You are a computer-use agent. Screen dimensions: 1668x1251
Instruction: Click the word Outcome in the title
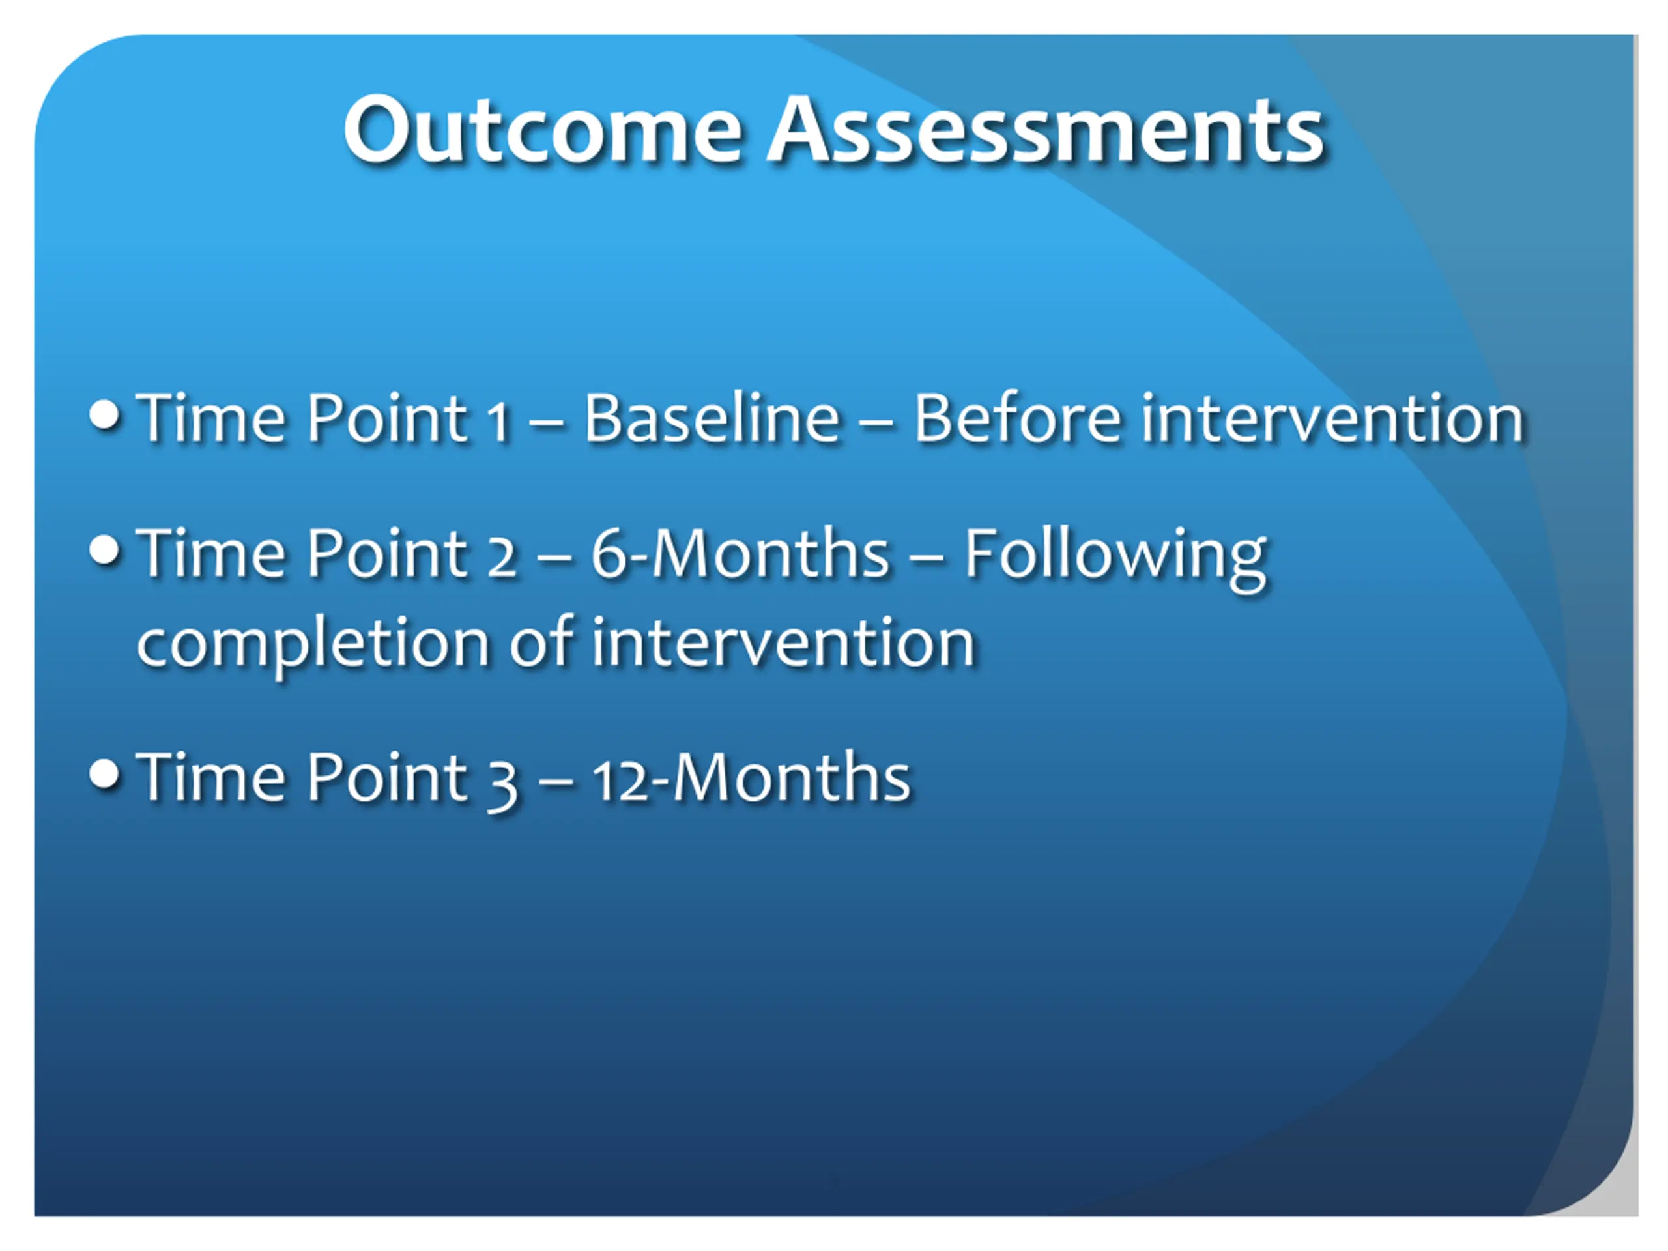[543, 130]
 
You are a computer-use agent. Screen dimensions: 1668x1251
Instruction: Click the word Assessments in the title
[1046, 130]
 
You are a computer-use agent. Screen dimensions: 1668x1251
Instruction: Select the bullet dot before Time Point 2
[105, 550]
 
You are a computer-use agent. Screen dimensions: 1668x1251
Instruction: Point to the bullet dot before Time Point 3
[105, 773]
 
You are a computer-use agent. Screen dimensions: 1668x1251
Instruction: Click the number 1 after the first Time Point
[498, 423]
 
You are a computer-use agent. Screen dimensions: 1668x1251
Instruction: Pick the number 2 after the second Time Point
[502, 559]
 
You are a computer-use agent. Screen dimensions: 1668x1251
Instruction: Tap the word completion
[313, 646]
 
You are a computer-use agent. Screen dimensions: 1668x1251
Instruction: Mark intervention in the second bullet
[783, 642]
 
